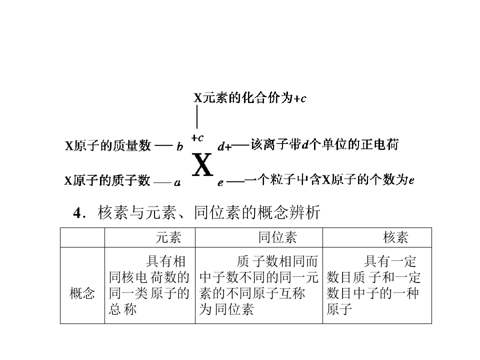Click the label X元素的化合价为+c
coord(250,98)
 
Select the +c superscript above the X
coord(197,138)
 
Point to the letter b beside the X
coord(179,146)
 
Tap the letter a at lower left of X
coord(177,183)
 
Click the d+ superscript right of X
coord(224,146)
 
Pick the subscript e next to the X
coord(220,183)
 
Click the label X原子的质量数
coord(108,145)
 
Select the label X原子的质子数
coord(107,180)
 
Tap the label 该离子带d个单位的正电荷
coord(325,144)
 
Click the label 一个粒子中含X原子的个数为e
coord(329,179)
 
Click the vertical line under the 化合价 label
coord(197,117)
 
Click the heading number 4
coord(77,213)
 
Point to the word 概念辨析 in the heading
coord(288,212)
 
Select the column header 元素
coord(168,237)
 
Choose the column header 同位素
coord(277,237)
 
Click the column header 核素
coord(395,237)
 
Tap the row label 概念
coord(82,293)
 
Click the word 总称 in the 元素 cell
coord(123,309)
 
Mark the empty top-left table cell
coord(82,237)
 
